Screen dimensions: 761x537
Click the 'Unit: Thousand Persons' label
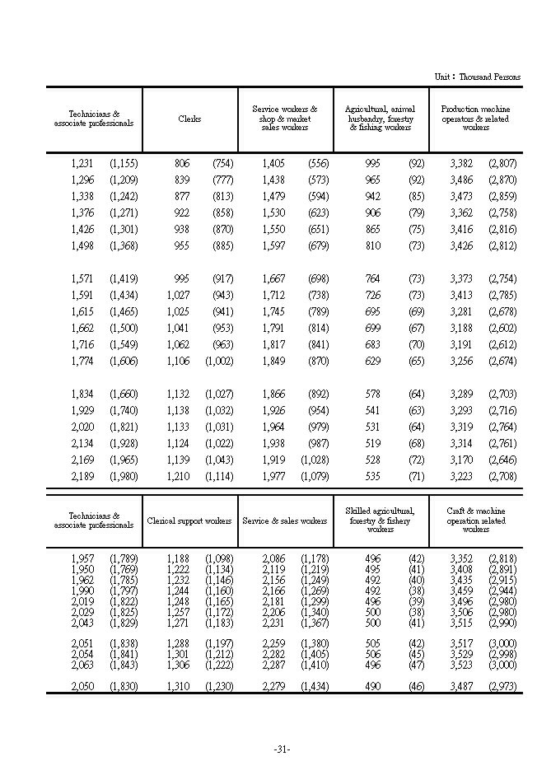(x=478, y=77)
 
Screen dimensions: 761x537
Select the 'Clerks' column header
(x=189, y=119)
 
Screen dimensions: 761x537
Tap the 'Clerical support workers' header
(x=189, y=521)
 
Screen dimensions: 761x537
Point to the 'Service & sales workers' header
(x=284, y=521)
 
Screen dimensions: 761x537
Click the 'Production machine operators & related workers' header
(x=475, y=119)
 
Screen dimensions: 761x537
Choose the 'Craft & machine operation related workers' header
(x=475, y=521)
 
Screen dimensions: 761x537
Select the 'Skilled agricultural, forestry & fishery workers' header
(x=381, y=521)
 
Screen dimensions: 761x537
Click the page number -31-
(x=282, y=749)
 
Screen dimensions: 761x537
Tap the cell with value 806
(x=181, y=163)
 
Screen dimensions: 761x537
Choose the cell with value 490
(x=371, y=686)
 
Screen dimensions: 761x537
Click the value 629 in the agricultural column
(x=371, y=361)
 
